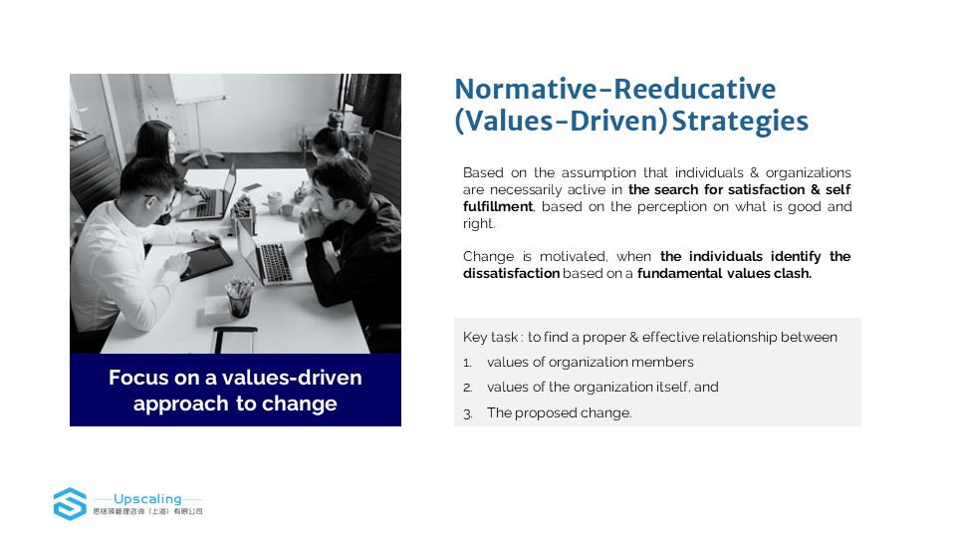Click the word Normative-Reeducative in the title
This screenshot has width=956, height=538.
[615, 89]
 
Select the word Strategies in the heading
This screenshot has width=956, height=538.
[740, 121]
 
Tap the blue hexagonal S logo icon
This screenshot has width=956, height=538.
[70, 504]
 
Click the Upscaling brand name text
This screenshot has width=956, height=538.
[147, 499]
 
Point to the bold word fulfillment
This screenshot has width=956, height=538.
[498, 207]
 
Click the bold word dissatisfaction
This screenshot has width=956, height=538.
[511, 273]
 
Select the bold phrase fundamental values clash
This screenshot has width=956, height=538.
[724, 273]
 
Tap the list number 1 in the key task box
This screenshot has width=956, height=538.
[467, 363]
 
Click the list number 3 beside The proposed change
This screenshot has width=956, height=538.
[468, 413]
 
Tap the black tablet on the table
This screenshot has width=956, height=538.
[206, 261]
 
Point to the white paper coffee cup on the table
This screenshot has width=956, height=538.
[275, 202]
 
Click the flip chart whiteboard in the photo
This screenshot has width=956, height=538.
[196, 89]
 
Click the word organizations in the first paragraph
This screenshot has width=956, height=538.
[809, 173]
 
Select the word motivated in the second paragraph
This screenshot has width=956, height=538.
[574, 256]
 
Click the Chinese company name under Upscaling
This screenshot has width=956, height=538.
[147, 511]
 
